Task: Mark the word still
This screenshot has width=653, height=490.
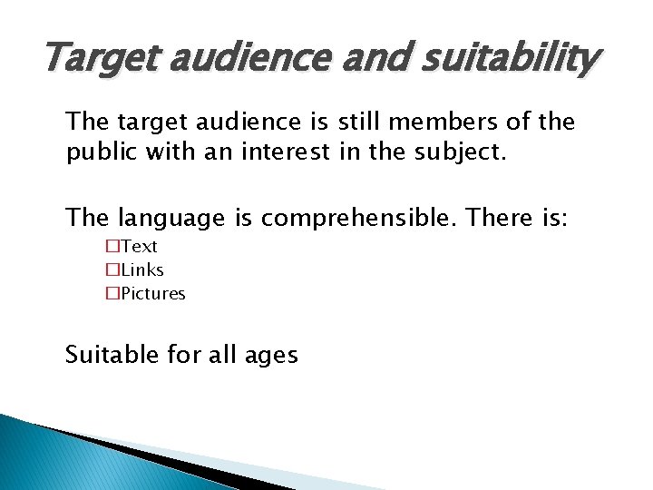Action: (x=361, y=122)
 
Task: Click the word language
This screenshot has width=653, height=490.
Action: (x=178, y=219)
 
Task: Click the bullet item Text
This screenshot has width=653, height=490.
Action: (x=140, y=247)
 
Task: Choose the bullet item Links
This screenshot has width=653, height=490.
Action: (x=142, y=270)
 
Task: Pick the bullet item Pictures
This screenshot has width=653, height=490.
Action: (x=153, y=294)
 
